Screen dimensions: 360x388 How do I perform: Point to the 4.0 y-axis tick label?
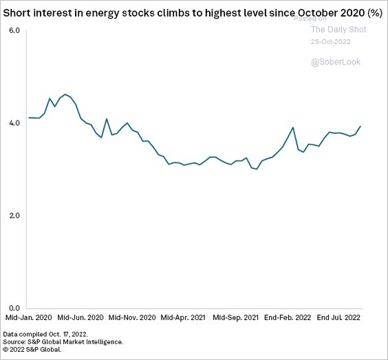pyautogui.click(x=14, y=123)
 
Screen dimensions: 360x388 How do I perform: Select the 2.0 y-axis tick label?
pyautogui.click(x=14, y=216)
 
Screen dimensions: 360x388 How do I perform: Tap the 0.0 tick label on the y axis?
pyautogui.click(x=14, y=308)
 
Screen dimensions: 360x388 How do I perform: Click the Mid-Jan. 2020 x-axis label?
pyautogui.click(x=28, y=319)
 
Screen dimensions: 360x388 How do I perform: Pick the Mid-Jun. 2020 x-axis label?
pyautogui.click(x=80, y=319)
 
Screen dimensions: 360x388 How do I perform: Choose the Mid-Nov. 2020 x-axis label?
pyautogui.click(x=133, y=319)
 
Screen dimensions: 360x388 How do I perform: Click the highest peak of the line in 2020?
pyautogui.click(x=65, y=94)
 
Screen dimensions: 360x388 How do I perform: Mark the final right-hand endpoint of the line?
pyautogui.click(x=361, y=126)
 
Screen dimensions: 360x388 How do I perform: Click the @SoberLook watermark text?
pyautogui.click(x=336, y=62)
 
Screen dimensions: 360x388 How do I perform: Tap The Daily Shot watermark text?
pyautogui.click(x=338, y=30)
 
